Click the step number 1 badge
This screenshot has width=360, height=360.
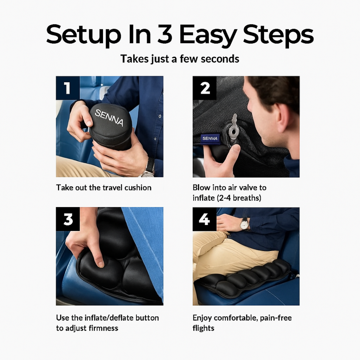point(68,88)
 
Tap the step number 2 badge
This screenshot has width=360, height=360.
point(205,88)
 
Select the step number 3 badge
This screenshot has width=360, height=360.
point(68,219)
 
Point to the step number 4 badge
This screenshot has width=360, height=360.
point(205,219)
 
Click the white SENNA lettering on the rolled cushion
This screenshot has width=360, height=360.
point(109,118)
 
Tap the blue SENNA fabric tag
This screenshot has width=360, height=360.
point(210,138)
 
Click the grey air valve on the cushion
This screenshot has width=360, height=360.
point(233,129)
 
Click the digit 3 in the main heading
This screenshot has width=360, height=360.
point(165,34)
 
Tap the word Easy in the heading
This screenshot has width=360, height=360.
point(208,36)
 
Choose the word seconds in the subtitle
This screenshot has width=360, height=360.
point(220,59)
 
